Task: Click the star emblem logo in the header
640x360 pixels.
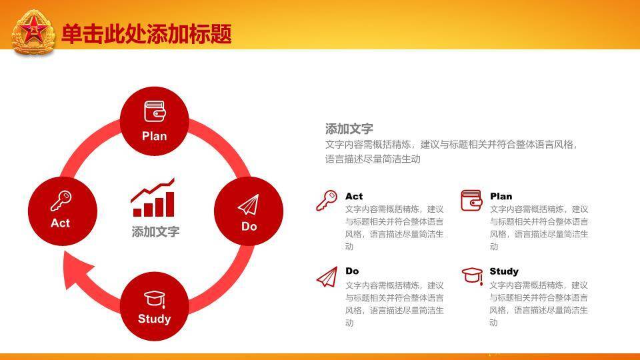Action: [33, 32]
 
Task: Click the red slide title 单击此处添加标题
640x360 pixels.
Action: [147, 34]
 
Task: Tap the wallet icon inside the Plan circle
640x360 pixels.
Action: [155, 111]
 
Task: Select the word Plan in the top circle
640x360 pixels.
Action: [154, 136]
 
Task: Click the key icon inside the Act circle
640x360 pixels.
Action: [61, 201]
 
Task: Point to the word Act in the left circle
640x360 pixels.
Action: [61, 223]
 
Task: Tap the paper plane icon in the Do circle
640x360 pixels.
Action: [249, 204]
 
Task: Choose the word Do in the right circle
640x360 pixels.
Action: [249, 226]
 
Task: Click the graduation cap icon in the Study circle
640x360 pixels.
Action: [155, 299]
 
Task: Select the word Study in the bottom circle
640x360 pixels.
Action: [154, 319]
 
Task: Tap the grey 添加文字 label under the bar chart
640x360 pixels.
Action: [155, 232]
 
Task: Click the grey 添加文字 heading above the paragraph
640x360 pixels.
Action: [349, 129]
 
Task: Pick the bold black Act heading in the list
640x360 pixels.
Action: [354, 196]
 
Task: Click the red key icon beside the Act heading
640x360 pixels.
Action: [327, 201]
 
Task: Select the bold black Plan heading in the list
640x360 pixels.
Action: [501, 196]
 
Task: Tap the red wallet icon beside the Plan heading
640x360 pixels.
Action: [471, 201]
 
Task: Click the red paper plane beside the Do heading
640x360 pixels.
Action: [327, 277]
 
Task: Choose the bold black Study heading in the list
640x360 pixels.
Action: [504, 271]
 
